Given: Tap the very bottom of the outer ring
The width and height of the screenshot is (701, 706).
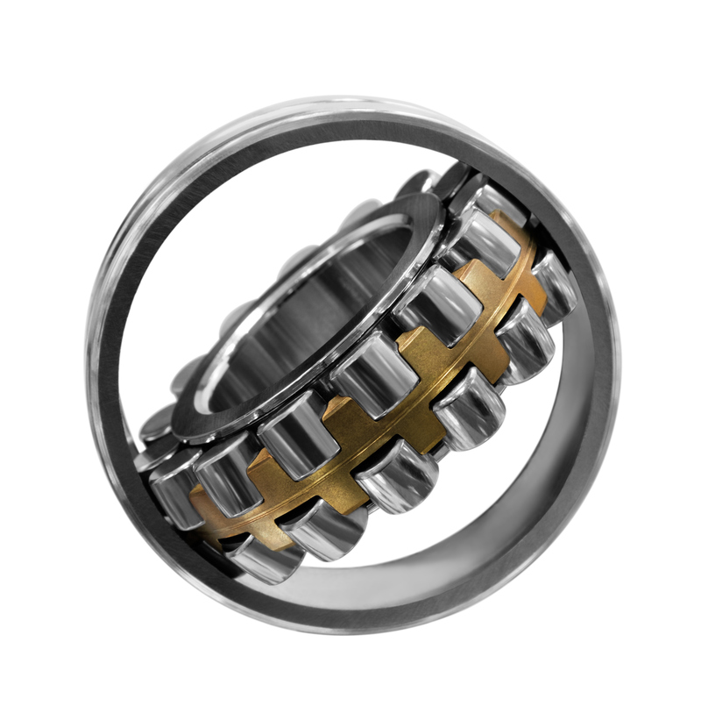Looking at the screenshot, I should [x=350, y=628].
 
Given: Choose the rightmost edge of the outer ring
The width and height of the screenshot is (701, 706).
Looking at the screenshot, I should [x=617, y=368].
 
